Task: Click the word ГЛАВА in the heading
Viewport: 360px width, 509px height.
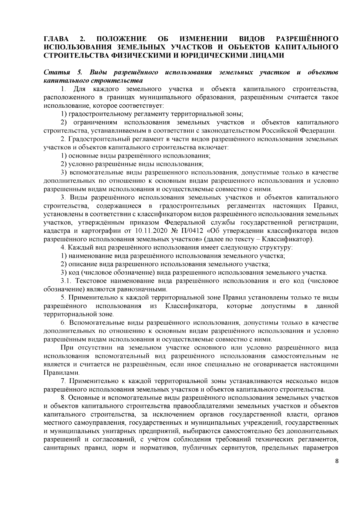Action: [56, 39]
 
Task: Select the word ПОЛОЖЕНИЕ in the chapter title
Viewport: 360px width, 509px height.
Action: [121, 39]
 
